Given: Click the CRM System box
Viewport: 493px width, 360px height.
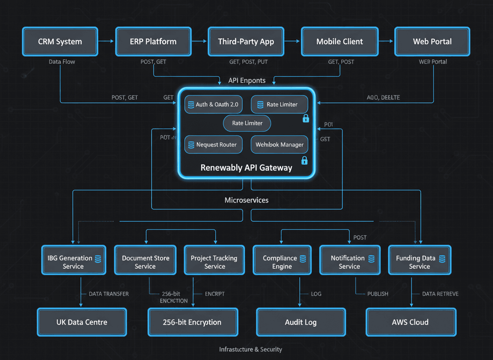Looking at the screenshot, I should (60, 42).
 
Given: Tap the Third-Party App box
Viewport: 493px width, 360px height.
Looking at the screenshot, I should (246, 42).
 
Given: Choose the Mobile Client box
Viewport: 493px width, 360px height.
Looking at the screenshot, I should (339, 42).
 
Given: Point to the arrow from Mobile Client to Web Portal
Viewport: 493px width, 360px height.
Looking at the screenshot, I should (385, 41).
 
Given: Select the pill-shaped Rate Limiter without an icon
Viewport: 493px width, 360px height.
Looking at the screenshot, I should (247, 123).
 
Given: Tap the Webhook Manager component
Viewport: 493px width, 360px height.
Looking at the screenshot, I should (279, 145).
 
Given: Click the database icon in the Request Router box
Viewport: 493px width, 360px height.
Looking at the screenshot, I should (191, 145).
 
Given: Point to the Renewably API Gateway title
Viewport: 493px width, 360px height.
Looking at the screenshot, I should (246, 168).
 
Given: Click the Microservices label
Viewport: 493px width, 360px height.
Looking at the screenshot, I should (246, 200).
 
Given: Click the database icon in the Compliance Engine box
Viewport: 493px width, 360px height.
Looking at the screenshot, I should (303, 259).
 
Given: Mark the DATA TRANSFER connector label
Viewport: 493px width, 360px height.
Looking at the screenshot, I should (109, 294).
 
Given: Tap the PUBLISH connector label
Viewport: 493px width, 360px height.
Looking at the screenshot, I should (378, 294).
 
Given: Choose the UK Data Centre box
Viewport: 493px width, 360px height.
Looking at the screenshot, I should (82, 322).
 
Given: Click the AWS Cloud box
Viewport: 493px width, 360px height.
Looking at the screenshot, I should (411, 322).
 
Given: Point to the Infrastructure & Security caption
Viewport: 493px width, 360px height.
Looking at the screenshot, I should (251, 349).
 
